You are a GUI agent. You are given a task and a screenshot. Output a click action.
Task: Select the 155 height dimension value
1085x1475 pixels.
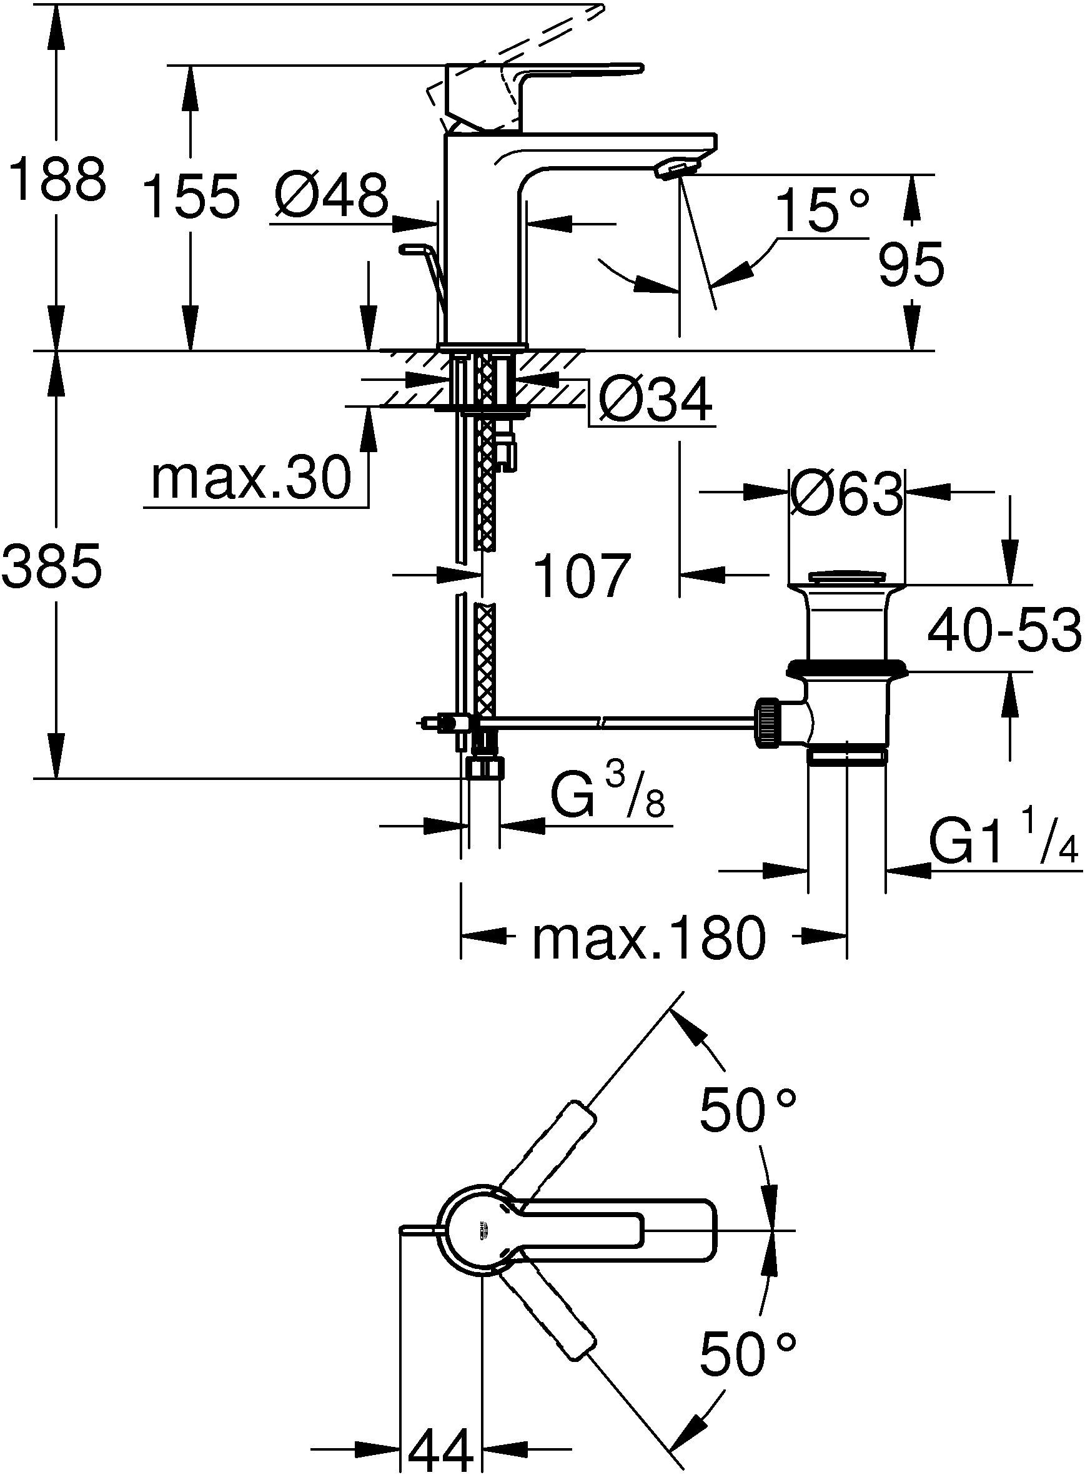point(191,196)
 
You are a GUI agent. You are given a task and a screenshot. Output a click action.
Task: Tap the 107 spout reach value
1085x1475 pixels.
point(582,576)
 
